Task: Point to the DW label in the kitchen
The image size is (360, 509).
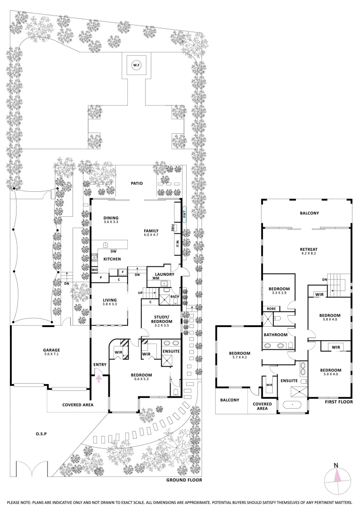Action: tap(114, 251)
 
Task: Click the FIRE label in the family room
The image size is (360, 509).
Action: tap(174, 227)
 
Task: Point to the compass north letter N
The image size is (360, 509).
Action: tap(336, 466)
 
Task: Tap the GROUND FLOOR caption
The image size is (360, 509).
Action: tap(184, 480)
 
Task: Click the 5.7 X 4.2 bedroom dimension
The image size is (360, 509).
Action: tap(240, 358)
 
